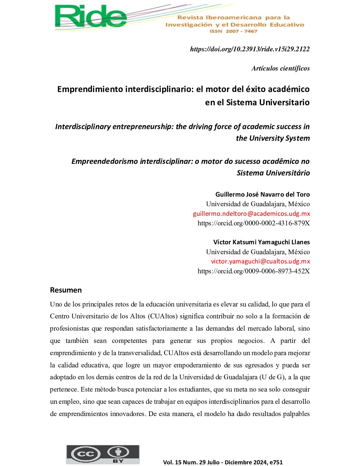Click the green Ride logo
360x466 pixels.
[x=91, y=17]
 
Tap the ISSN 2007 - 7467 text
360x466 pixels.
[x=233, y=31]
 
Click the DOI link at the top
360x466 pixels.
[x=250, y=49]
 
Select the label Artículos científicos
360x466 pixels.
[x=281, y=68]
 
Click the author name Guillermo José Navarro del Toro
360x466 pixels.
[x=262, y=194]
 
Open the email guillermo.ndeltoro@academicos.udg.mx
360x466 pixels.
[x=251, y=213]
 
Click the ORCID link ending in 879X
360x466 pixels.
[x=253, y=223]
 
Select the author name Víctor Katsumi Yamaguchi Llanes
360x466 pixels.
[x=261, y=242]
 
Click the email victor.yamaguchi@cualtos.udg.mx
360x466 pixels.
[x=260, y=261]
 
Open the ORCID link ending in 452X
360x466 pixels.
[x=253, y=271]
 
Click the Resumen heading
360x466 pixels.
[x=66, y=290]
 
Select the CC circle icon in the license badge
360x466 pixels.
[x=86, y=454]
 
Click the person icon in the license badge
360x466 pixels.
[x=118, y=452]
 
